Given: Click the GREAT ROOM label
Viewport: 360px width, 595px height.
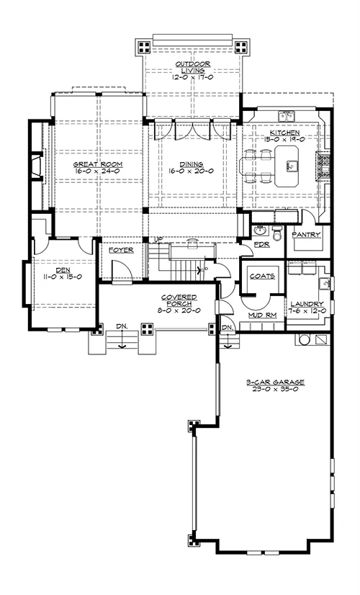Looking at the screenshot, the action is (98, 164).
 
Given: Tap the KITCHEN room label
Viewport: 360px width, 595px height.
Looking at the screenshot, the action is (284, 133).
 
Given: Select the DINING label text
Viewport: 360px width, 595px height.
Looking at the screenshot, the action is (192, 164).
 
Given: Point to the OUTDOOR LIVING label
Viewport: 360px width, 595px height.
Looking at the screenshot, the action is (193, 67).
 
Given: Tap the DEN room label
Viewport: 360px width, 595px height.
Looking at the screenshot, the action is (63, 270).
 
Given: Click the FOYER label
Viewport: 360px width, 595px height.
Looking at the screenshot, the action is (121, 251).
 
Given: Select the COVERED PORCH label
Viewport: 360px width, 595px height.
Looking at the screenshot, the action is (179, 300).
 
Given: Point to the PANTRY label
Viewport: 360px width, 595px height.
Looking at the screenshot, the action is (306, 235).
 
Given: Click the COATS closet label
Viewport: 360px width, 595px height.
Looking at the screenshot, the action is (262, 277).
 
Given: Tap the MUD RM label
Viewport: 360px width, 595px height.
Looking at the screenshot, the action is (262, 316).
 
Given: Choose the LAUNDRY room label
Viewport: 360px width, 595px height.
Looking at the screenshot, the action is (307, 304).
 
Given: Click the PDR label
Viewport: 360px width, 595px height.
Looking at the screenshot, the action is (262, 244).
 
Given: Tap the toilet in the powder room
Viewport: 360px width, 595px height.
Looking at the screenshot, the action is (277, 232).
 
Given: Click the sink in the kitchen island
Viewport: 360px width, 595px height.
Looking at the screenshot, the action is (292, 165).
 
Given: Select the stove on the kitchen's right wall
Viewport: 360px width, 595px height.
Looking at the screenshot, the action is (325, 164).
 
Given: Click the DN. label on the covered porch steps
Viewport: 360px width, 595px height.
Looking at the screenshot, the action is (122, 326).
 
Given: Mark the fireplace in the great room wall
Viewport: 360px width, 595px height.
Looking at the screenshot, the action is (37, 165).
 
